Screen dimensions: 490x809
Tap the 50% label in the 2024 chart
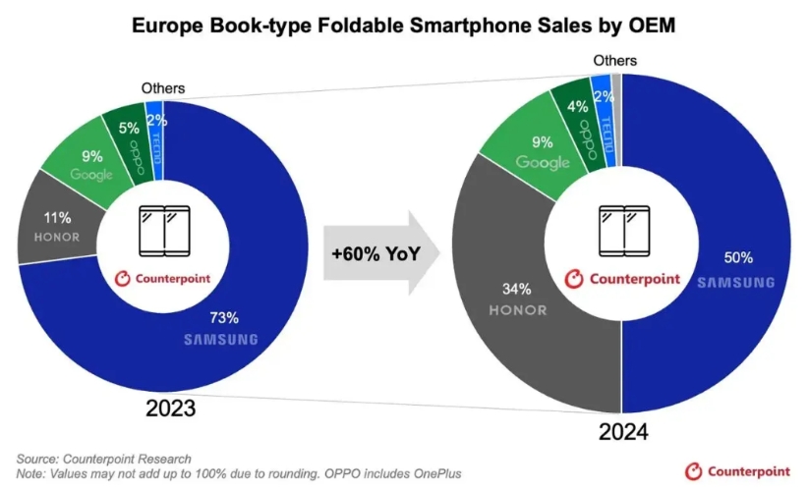(x=738, y=258)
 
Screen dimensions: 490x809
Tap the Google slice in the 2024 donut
(x=542, y=150)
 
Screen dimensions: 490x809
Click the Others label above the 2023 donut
(x=163, y=88)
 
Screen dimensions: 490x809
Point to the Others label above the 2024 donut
(x=614, y=61)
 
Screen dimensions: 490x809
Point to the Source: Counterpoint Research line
(x=103, y=459)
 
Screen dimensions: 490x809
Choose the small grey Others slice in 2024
(x=615, y=82)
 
